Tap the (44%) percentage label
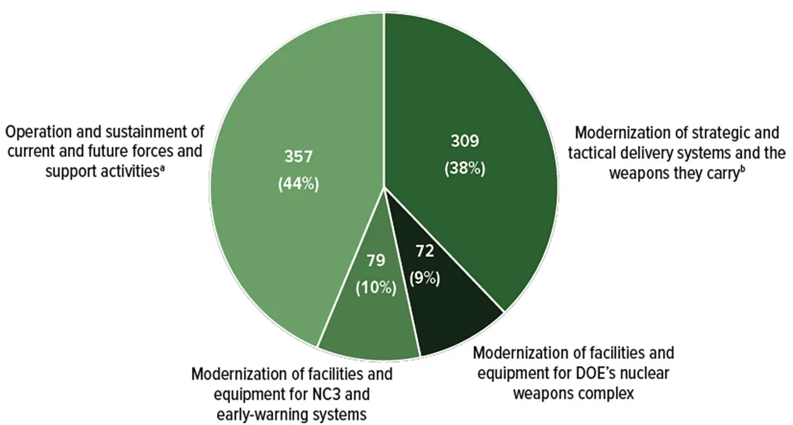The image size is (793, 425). coord(298,184)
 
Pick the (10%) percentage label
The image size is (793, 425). coord(376,288)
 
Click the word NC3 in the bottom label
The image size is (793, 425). coord(335,395)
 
